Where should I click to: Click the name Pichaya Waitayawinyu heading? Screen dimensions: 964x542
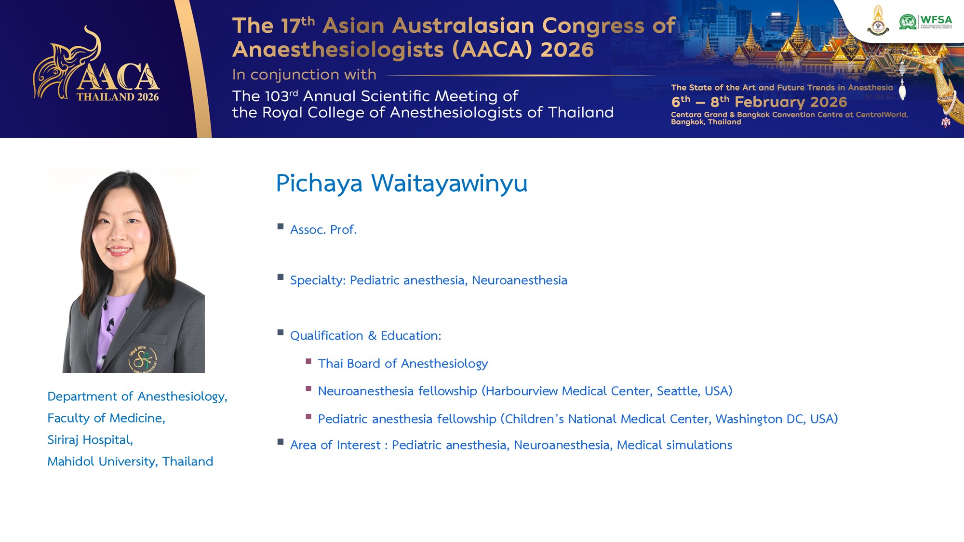point(402,184)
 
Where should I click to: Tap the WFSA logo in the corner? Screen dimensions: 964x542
point(925,22)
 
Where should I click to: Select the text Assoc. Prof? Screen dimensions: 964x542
point(323,229)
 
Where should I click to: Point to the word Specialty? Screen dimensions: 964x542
point(318,280)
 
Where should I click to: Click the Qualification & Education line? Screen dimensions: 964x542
point(366,335)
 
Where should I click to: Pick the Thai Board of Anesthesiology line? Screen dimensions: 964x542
point(403,363)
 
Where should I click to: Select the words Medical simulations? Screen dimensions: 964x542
point(674,445)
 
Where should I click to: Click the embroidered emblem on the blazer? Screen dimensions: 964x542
point(143,359)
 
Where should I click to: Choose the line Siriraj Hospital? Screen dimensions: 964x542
point(90,440)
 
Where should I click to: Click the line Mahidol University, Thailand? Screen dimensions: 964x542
point(130,461)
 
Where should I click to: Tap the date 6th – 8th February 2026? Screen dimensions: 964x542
point(759,102)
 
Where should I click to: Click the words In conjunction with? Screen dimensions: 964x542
point(304,75)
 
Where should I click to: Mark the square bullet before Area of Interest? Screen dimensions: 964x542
point(281,441)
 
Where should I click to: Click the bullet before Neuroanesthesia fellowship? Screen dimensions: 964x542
point(308,388)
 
